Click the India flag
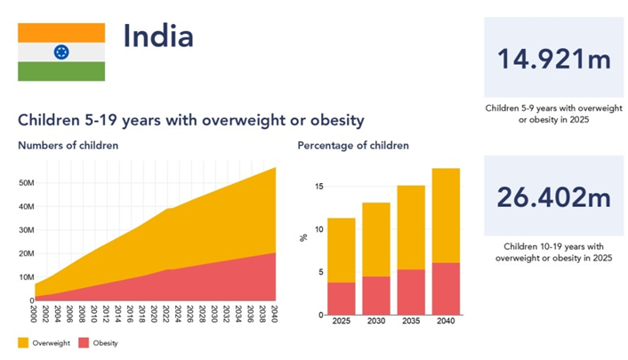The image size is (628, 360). (x=61, y=52)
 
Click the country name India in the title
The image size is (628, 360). (x=157, y=36)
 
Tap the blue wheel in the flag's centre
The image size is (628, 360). (x=61, y=52)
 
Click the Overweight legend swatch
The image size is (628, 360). (x=23, y=342)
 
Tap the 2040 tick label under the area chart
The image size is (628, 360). (x=275, y=313)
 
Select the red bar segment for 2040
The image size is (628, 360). (x=447, y=288)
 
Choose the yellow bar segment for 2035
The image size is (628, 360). (x=411, y=227)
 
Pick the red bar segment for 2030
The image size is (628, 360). (x=376, y=295)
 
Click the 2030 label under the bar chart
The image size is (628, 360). (x=376, y=323)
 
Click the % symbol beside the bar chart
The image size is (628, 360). (x=303, y=237)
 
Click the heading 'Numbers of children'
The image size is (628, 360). (x=68, y=145)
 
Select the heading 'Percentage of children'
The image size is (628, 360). (x=353, y=145)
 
